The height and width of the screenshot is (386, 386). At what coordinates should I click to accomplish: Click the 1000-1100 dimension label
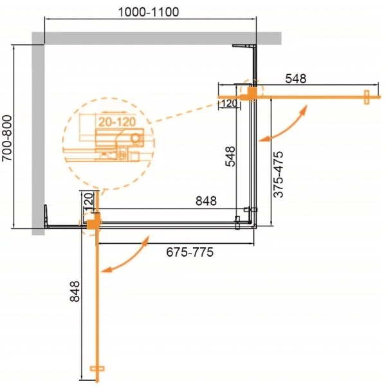pos(149,12)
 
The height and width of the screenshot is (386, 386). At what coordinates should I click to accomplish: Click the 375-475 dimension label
pos(279,174)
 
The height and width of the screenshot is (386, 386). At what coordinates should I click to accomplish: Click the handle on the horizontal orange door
pos(365,98)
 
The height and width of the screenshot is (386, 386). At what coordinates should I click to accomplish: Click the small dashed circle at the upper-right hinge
pos(252,93)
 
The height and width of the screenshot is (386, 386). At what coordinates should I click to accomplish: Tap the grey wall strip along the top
pos(161,38)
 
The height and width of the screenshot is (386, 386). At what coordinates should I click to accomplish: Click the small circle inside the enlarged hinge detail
pos(135,136)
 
